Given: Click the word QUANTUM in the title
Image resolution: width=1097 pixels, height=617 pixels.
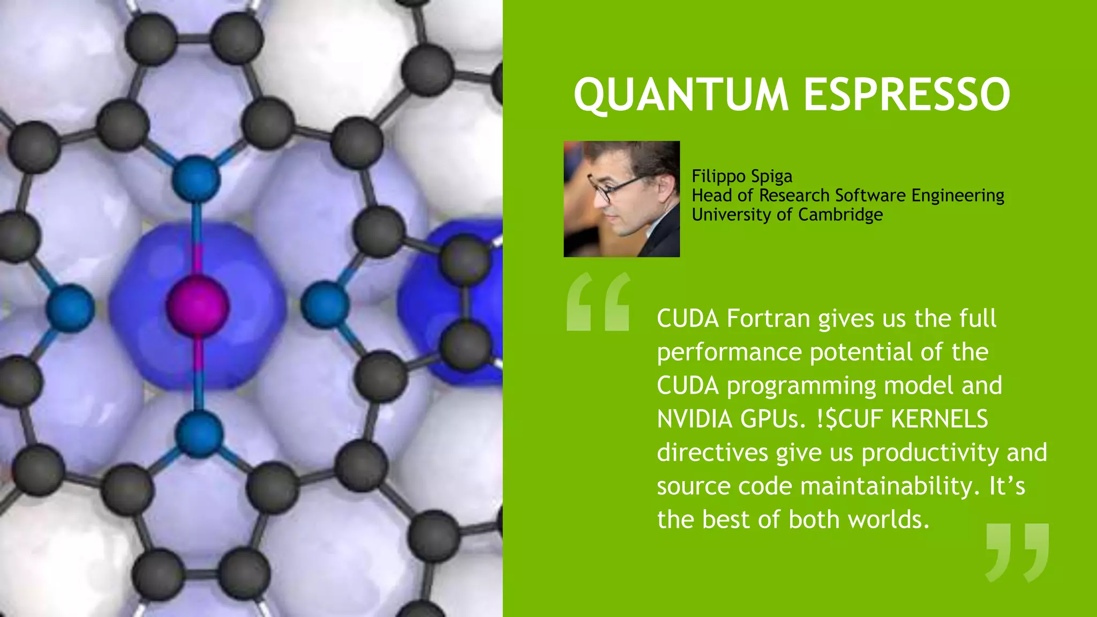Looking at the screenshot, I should click(x=680, y=95).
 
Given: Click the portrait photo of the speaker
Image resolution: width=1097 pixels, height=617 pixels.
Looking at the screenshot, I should click(x=621, y=199).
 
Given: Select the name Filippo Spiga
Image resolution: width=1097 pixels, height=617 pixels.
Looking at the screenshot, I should click(x=742, y=176).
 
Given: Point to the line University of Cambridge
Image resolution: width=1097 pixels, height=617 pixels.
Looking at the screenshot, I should click(x=787, y=215).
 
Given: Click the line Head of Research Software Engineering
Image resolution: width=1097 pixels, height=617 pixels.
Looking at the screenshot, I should click(x=847, y=195).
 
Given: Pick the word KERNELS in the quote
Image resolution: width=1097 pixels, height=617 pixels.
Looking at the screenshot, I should click(x=939, y=419).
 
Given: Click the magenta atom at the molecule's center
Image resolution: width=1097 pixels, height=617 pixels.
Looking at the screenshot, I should click(x=198, y=306).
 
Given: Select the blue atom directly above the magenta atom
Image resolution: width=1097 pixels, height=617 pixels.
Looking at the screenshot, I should click(x=197, y=178).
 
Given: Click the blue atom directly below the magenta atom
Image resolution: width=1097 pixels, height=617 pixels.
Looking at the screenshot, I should click(x=199, y=434).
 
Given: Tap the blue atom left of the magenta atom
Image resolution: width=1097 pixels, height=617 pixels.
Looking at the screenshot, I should click(x=70, y=308).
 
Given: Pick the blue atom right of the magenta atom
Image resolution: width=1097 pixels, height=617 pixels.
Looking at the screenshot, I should click(x=325, y=305).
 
